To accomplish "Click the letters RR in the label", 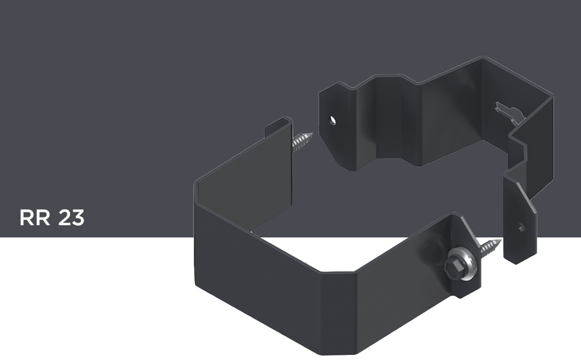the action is coord(35,218).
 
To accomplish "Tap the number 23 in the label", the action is coord(71,218).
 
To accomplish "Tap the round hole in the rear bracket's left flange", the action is coord(333,121).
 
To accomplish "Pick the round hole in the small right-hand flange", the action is coord(521,227).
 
